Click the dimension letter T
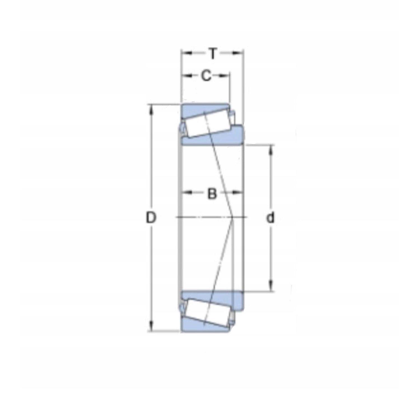tap(213, 53)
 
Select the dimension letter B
tap(212, 193)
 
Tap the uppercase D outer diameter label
tap(151, 218)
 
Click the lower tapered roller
tap(207, 312)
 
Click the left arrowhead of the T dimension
tap(185, 52)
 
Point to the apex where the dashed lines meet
tap(233, 217)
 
